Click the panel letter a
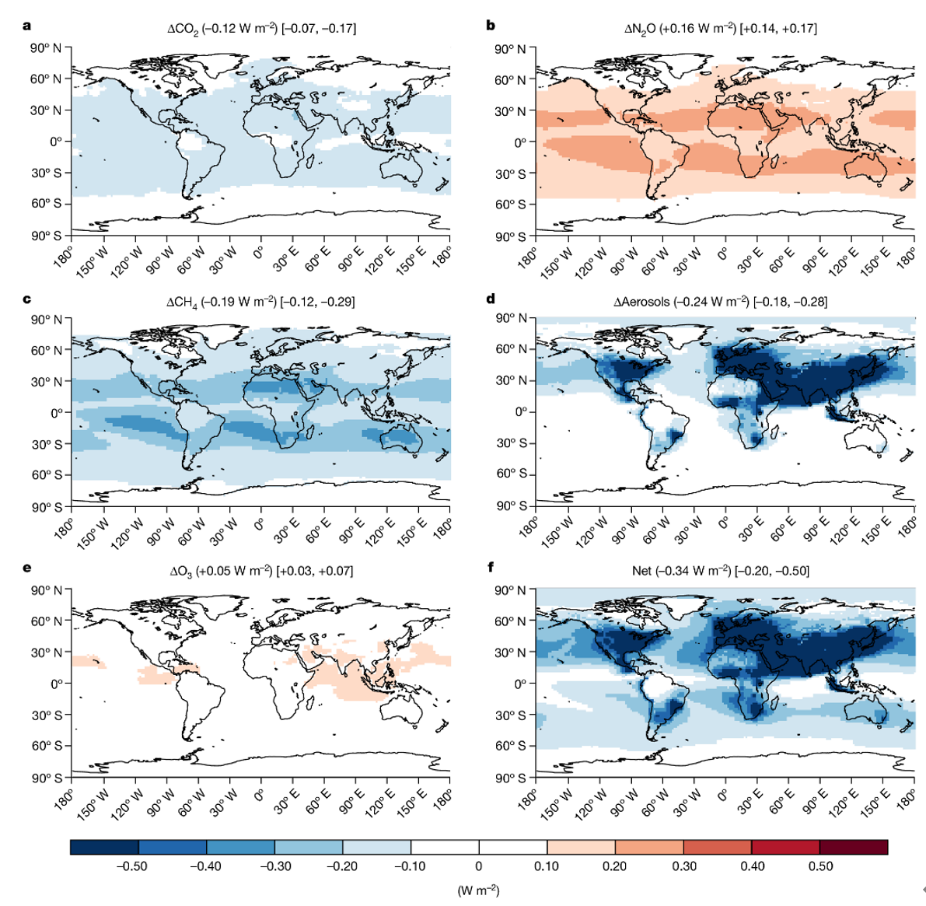point(28,26)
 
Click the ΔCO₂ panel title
point(262,29)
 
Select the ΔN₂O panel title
point(720,29)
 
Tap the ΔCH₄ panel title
point(260,301)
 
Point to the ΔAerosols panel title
point(720,301)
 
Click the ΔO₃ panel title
point(261,571)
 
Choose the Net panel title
point(720,571)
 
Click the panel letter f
point(491,567)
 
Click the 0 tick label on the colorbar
point(479,866)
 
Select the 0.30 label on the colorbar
point(683,866)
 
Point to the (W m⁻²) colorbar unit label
point(478,890)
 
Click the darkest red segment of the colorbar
point(853,847)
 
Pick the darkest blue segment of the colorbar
point(104,847)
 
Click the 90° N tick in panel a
point(46,48)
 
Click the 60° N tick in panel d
point(511,349)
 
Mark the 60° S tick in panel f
point(511,746)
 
